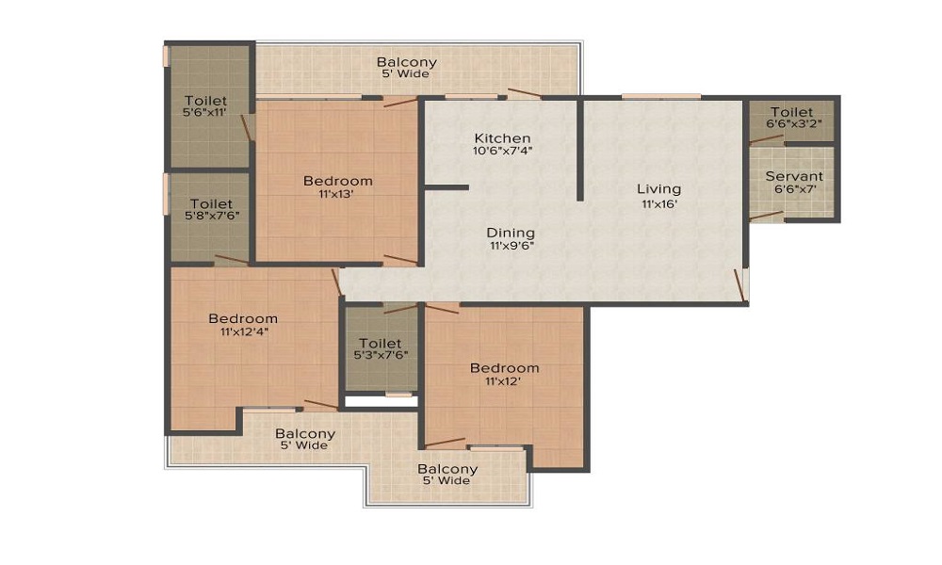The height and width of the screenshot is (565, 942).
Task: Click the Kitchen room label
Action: [x=502, y=138]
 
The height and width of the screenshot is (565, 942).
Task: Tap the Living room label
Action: [x=659, y=189]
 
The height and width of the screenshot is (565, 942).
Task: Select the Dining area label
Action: [x=511, y=233]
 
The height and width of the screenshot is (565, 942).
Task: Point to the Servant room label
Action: [x=794, y=176]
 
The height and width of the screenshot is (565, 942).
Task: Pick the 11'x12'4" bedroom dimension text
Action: [x=243, y=331]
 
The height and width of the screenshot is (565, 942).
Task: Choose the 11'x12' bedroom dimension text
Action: [x=503, y=380]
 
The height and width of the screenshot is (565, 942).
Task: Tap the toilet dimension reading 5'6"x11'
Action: [x=204, y=112]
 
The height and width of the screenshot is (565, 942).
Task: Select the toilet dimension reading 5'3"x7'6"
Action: [x=381, y=354]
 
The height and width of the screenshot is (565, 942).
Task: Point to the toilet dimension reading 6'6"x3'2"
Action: [x=793, y=123]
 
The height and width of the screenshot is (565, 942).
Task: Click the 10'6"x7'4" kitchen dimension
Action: [x=503, y=151]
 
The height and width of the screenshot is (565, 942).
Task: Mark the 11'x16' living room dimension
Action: [x=659, y=203]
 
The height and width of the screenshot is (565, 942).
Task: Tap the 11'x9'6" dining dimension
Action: [x=512, y=246]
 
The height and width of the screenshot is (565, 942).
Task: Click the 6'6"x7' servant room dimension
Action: [x=795, y=188]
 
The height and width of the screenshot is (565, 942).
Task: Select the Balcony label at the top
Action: [x=407, y=62]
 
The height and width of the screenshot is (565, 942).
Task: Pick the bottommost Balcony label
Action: [x=447, y=469]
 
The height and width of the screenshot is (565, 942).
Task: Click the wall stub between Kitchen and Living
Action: [x=580, y=149]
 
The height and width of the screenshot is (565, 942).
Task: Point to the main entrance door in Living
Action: [x=739, y=285]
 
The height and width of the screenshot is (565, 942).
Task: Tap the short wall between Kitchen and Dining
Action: [x=447, y=188]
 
